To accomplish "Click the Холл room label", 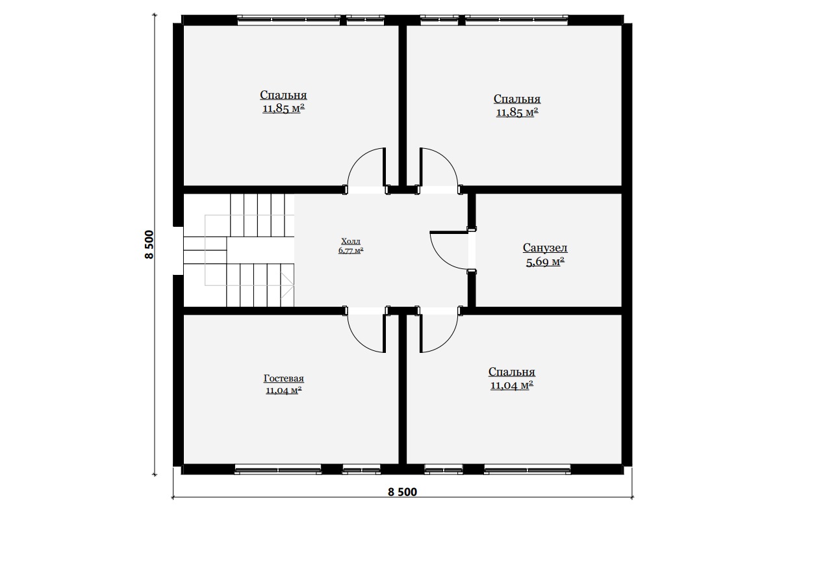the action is coord(351,241).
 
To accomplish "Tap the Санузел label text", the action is coord(545,248).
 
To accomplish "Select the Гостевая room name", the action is coord(284,378).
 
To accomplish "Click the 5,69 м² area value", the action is coord(545,261).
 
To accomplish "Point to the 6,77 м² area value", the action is coord(351,251).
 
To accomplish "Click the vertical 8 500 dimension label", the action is coord(149,244).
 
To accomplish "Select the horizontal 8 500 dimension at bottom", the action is coord(402,492).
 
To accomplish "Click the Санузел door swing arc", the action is coord(442,258).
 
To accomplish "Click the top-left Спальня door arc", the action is coord(359,159).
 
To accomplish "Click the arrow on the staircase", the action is coord(287,285).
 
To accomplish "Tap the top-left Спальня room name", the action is coord(284,95).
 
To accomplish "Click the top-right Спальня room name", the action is coord(517,99).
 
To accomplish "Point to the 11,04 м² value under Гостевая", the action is coord(284,391).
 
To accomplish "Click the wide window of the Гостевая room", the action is coord(278,469).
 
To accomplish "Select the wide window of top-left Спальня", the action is coord(289,20).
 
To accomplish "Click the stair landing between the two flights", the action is coord(205,250).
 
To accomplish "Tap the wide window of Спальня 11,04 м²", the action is coord(527,469).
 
